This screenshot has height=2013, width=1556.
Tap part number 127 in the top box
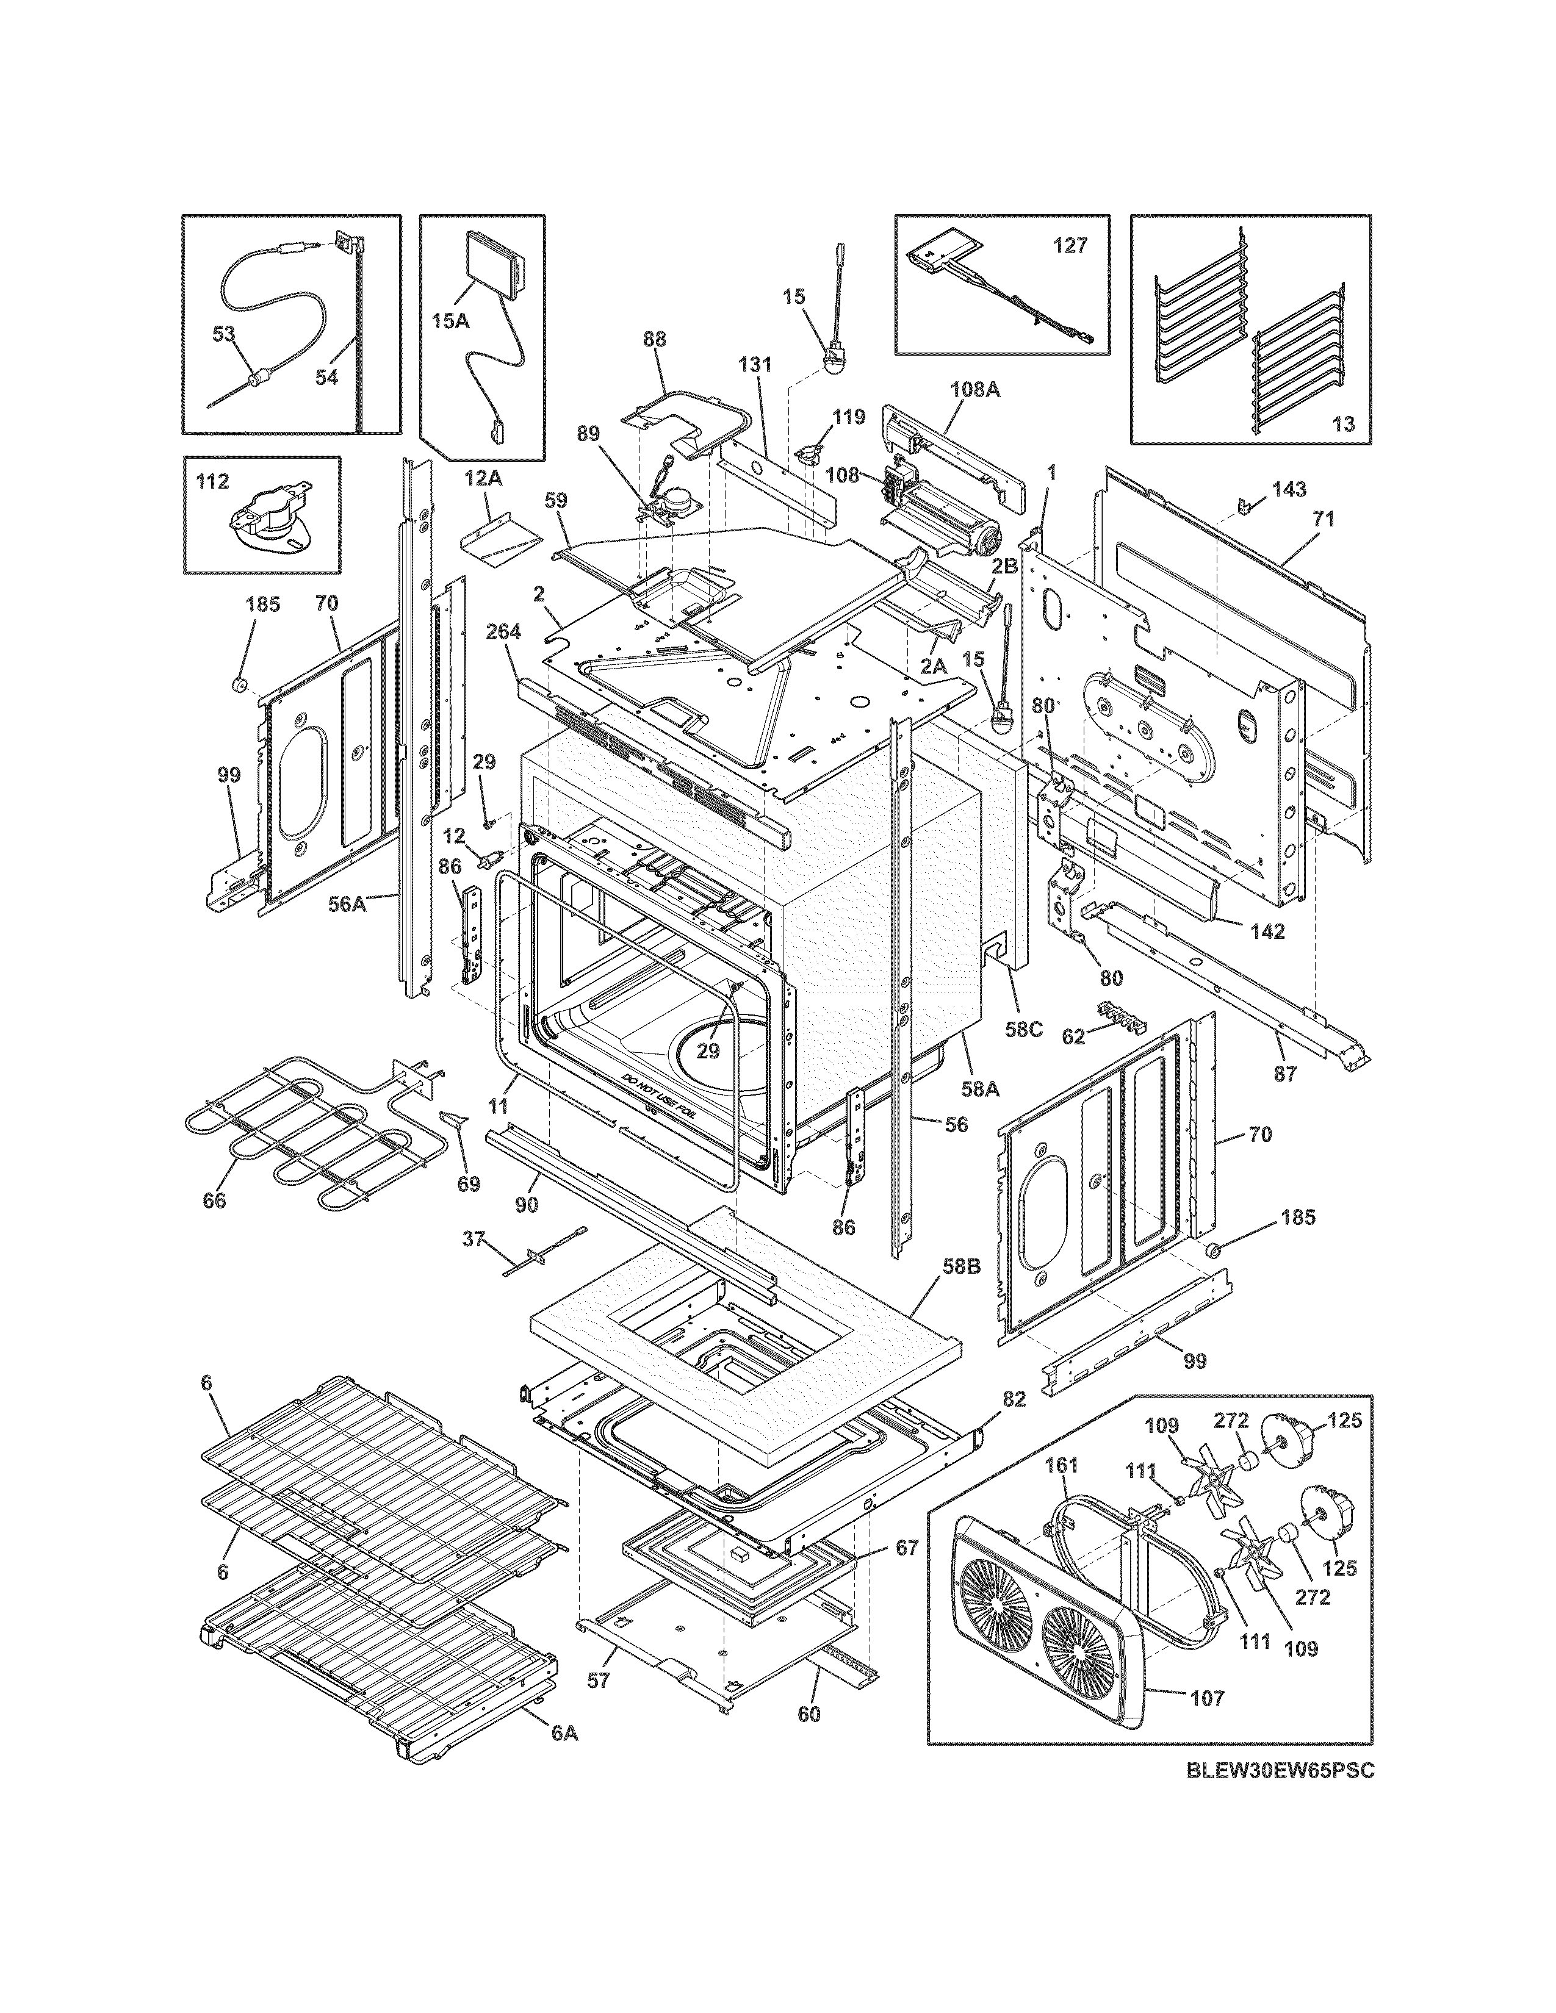click(x=1070, y=245)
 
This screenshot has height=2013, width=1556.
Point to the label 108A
click(x=975, y=389)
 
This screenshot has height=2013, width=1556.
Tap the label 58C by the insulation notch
click(x=1023, y=1028)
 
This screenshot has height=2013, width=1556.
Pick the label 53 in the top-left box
click(x=224, y=334)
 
